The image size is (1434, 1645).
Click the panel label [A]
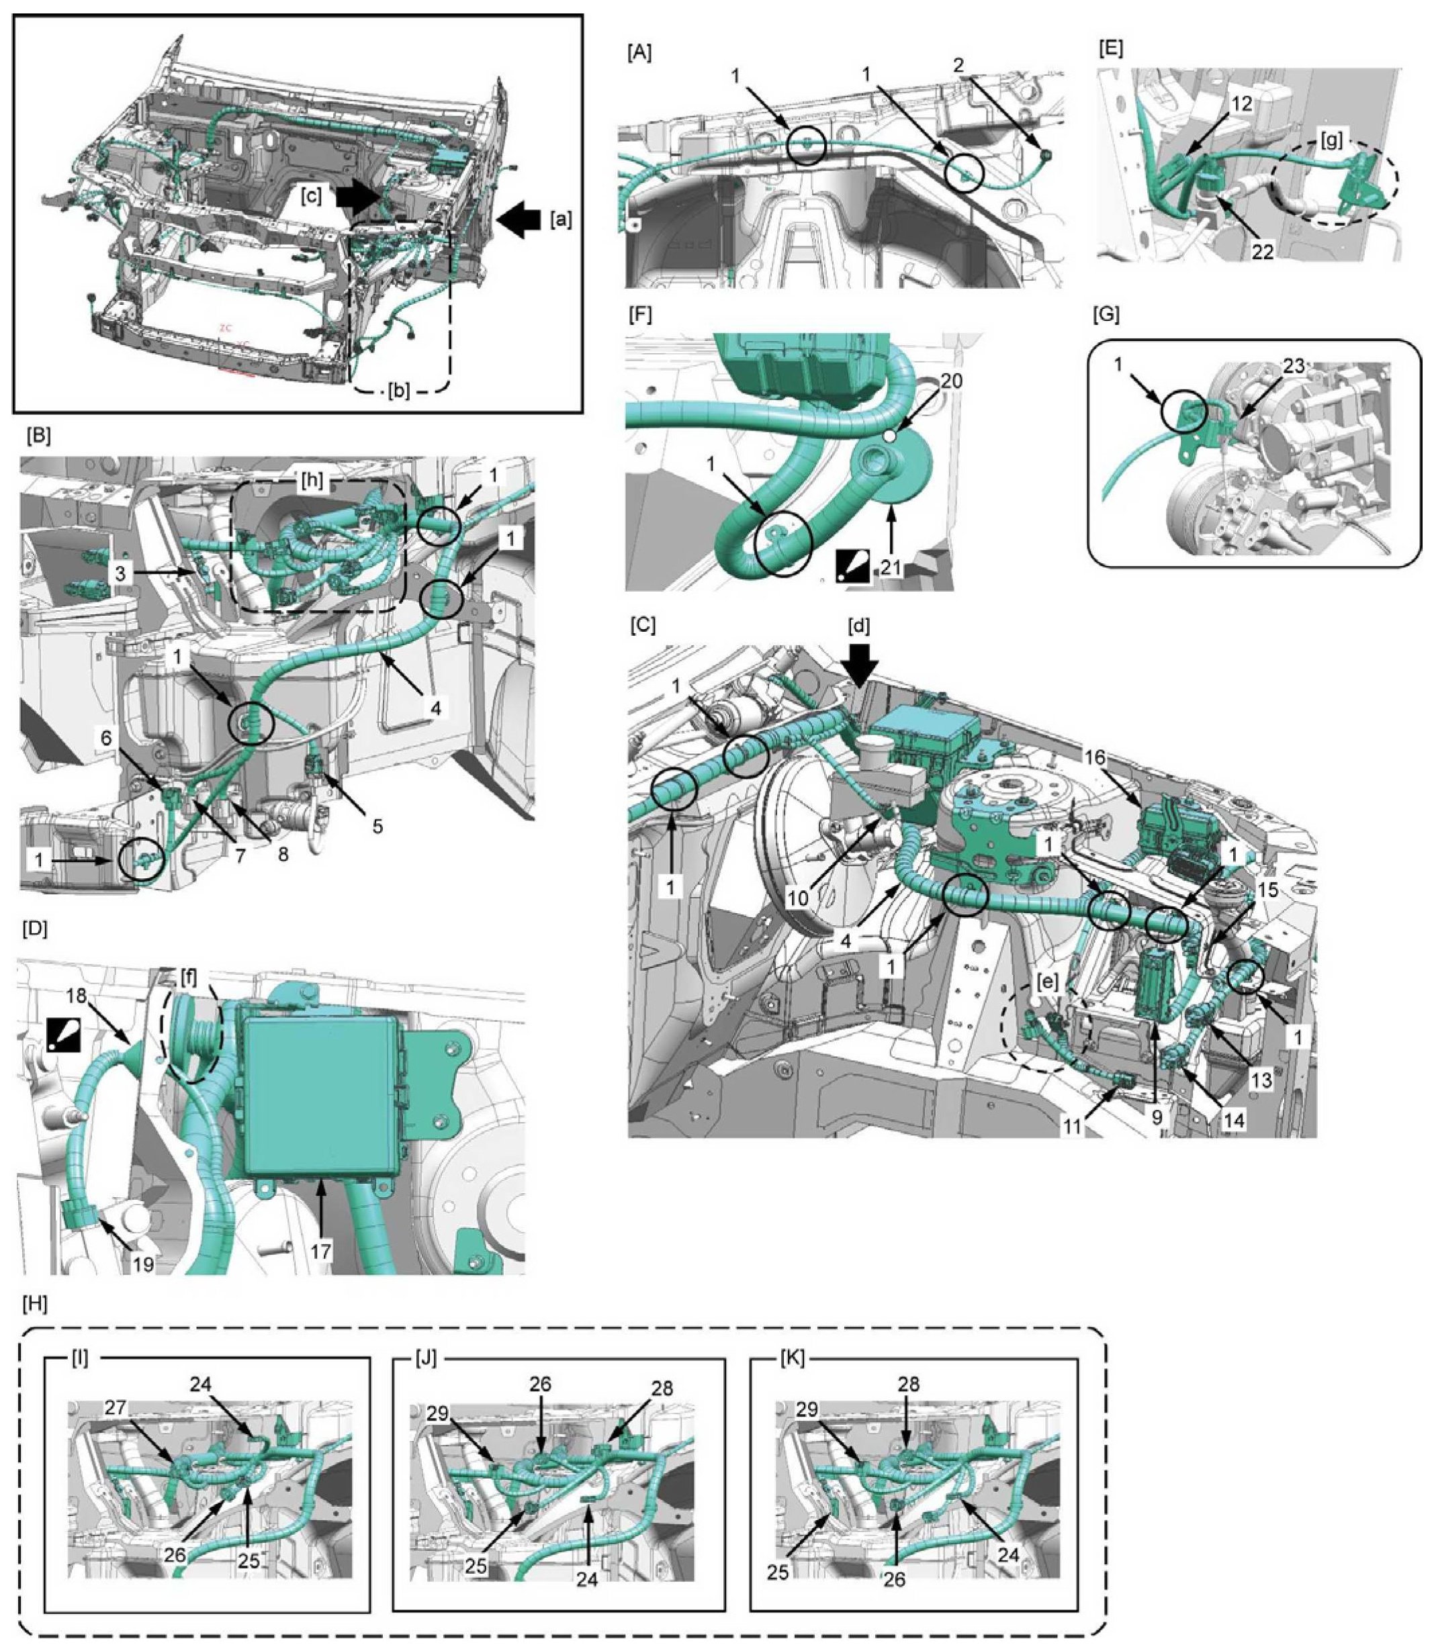[639, 53]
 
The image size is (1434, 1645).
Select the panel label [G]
[1105, 316]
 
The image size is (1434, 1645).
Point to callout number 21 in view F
[891, 568]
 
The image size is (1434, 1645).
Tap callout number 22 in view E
[1262, 251]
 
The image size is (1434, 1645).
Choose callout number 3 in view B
[120, 573]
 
